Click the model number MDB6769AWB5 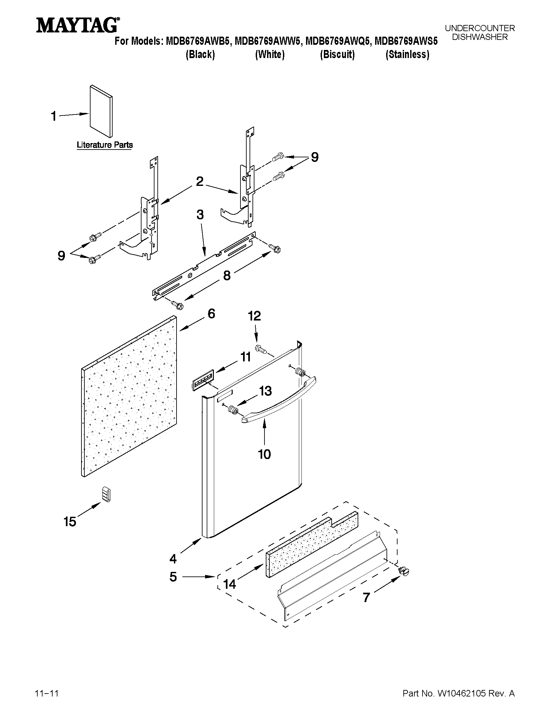pos(200,42)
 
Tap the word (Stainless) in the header pos(407,54)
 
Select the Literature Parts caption pos(104,144)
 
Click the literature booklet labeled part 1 pos(101,112)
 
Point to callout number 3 pos(200,215)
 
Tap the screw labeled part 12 pos(261,349)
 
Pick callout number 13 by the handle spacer pos(265,391)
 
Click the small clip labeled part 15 pos(105,494)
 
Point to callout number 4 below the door pos(173,559)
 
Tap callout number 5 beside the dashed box pos(173,577)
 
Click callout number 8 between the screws pos(227,275)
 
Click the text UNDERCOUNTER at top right pos(479,29)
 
